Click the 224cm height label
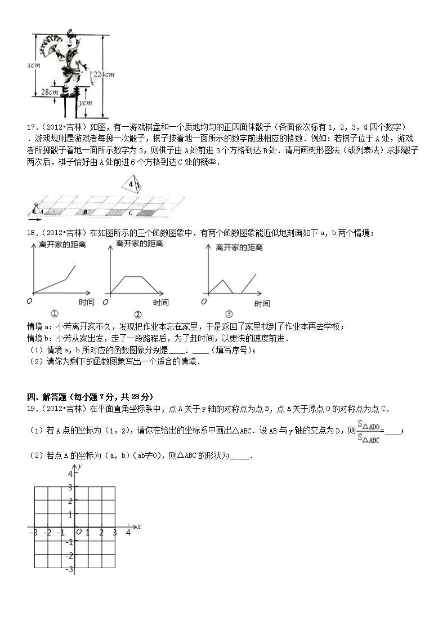click(x=104, y=74)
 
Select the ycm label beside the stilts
click(x=85, y=103)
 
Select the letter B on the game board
click(x=85, y=213)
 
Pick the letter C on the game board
click(x=131, y=213)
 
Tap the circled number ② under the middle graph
click(x=137, y=315)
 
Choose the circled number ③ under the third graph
click(x=229, y=314)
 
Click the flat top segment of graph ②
click(x=132, y=276)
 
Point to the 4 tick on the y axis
click(x=70, y=474)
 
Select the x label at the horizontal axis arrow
click(x=138, y=526)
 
